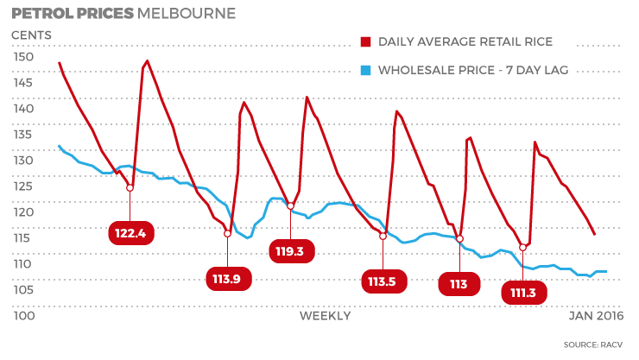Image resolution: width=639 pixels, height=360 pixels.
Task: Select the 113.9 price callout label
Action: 228,277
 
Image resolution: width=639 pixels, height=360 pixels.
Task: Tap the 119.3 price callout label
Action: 291,251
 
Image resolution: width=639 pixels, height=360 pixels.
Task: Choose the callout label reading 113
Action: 459,284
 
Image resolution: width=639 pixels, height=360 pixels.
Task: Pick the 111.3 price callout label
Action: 523,293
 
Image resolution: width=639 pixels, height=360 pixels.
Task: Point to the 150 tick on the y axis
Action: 23,57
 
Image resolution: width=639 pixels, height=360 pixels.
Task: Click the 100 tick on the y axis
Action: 23,316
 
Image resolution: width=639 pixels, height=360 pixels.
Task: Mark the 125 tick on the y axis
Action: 23,186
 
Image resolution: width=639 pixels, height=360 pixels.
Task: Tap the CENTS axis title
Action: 31,35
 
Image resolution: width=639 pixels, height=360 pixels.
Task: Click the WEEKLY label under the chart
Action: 325,316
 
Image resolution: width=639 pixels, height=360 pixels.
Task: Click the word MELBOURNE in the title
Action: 190,14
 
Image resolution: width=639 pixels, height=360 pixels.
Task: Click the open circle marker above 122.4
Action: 130,187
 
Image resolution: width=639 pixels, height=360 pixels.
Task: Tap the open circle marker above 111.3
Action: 522,248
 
